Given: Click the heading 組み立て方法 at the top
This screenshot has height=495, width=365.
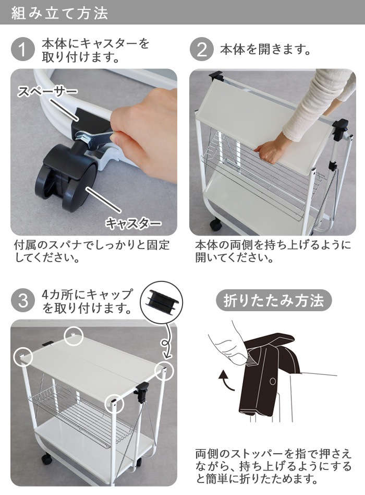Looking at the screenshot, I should click(59, 13).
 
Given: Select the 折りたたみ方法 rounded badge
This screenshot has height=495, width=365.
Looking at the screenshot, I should click(273, 300).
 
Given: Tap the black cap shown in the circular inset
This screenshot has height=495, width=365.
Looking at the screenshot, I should click(161, 298).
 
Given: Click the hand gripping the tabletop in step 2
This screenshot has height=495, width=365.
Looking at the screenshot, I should click(271, 150).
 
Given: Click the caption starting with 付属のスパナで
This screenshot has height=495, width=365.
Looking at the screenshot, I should click(92, 251).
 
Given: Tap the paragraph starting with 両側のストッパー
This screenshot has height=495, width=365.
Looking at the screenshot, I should click(273, 466).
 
